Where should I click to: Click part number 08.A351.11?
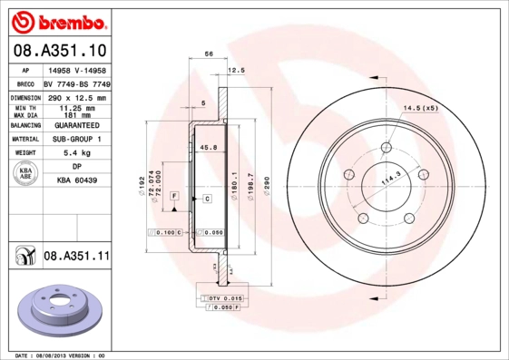tap(76, 257)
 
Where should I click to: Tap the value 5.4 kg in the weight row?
tap(76, 153)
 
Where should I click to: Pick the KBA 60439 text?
tap(76, 180)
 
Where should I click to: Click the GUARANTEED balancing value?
tap(76, 126)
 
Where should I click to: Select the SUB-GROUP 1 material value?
tap(76, 140)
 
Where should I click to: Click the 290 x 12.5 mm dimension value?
tap(76, 97)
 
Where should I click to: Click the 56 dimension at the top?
tap(209, 54)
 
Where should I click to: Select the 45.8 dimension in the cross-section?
tap(208, 147)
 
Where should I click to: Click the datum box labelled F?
tap(172, 197)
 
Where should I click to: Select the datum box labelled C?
tap(207, 198)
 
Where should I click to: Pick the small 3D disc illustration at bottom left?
tap(60, 311)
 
